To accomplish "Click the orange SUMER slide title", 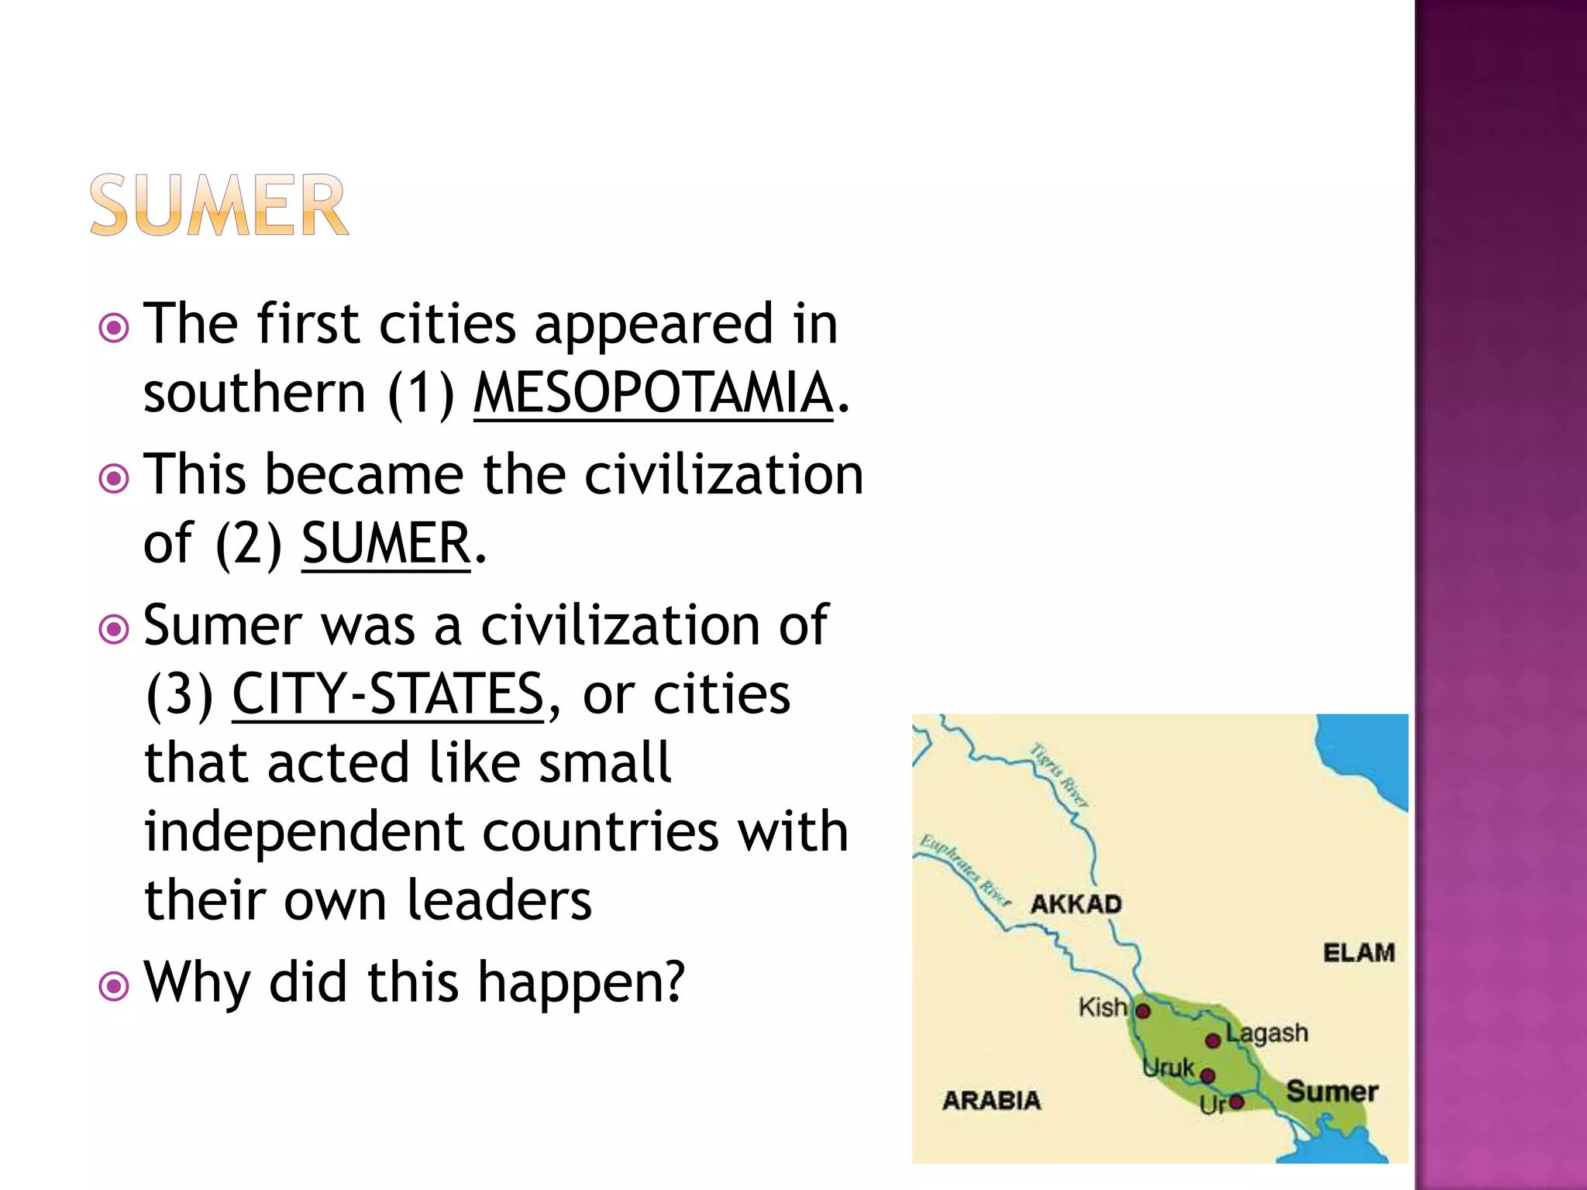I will [219, 205].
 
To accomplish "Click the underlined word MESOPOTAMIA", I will [653, 393].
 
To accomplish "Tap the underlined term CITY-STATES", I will [387, 694].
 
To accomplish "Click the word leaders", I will [499, 900].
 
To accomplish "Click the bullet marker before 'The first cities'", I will [114, 328].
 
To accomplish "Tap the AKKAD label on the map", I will [1076, 904].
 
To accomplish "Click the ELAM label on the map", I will [1358, 952].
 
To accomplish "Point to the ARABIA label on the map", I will [991, 1100].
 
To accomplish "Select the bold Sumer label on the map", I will [1332, 1092].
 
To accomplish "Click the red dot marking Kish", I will [1143, 1011].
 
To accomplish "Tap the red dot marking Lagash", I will [1213, 1040].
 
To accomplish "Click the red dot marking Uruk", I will [1207, 1075].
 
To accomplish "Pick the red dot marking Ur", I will [1237, 1102].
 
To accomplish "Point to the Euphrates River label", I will [964, 871].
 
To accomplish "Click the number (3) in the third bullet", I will [179, 694].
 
